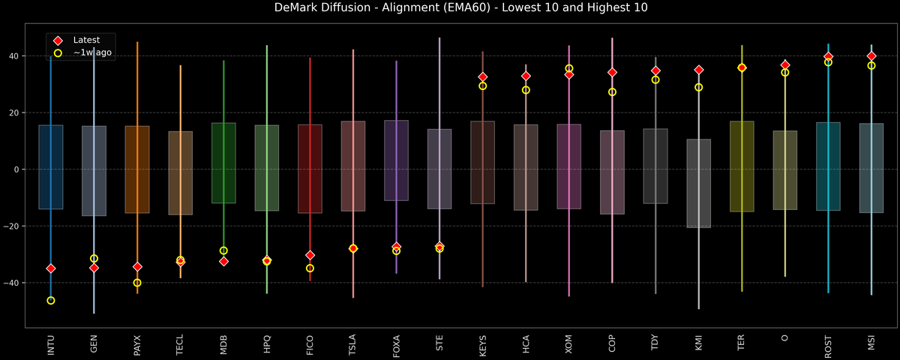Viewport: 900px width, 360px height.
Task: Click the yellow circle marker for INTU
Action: pyautogui.click(x=51, y=301)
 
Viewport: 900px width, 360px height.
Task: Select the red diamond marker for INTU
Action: pyautogui.click(x=51, y=268)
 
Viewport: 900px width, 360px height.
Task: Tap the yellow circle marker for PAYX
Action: pyautogui.click(x=137, y=283)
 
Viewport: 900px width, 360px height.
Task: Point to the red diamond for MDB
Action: pyautogui.click(x=223, y=261)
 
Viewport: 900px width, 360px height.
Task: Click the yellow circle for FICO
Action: pyautogui.click(x=310, y=268)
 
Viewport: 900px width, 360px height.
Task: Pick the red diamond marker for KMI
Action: pyautogui.click(x=699, y=70)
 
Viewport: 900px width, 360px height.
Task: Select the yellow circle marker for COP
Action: pyautogui.click(x=612, y=92)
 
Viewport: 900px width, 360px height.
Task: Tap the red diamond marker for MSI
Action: pyautogui.click(x=871, y=56)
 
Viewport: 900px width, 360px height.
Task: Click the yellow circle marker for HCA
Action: pyautogui.click(x=526, y=90)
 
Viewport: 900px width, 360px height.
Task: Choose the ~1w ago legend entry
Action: pyautogui.click(x=92, y=53)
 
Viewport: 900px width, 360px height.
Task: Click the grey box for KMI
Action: pyautogui.click(x=699, y=184)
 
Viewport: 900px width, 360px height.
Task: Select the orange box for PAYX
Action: pyautogui.click(x=137, y=169)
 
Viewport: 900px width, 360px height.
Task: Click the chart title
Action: pyautogui.click(x=450, y=8)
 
